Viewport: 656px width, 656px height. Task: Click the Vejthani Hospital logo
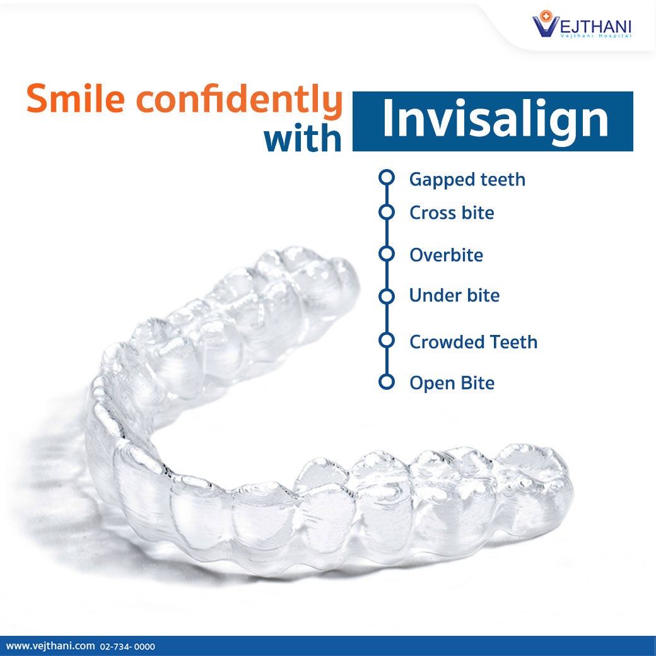582,26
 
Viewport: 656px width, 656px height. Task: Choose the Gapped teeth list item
467,180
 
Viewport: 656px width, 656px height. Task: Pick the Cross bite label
452,213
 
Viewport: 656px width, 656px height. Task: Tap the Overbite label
446,255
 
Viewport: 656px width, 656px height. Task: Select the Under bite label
454,295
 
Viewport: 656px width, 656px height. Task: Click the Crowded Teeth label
473,342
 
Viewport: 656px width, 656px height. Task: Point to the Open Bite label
452,383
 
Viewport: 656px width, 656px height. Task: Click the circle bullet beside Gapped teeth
386,178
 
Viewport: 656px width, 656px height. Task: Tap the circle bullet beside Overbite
386,254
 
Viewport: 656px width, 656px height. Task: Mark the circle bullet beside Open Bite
386,382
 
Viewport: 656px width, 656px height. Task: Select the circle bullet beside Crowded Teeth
386,341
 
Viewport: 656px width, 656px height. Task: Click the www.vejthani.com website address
50,646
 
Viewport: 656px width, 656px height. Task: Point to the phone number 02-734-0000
127,647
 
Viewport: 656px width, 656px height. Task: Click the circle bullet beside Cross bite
386,211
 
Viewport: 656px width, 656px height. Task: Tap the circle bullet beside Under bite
386,295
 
